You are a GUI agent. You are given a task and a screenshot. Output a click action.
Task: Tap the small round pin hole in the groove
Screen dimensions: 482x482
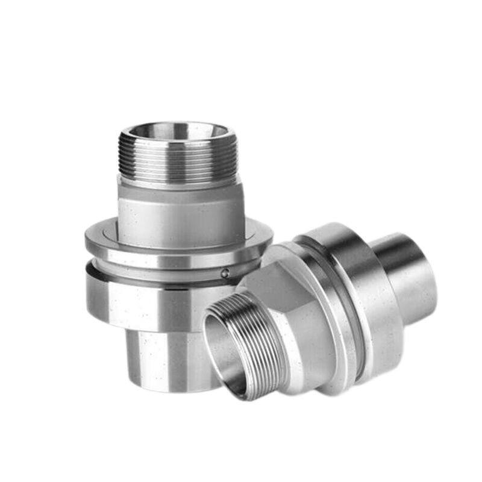(225, 273)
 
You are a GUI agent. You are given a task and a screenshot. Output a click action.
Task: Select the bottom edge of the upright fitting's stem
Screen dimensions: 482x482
(169, 387)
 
